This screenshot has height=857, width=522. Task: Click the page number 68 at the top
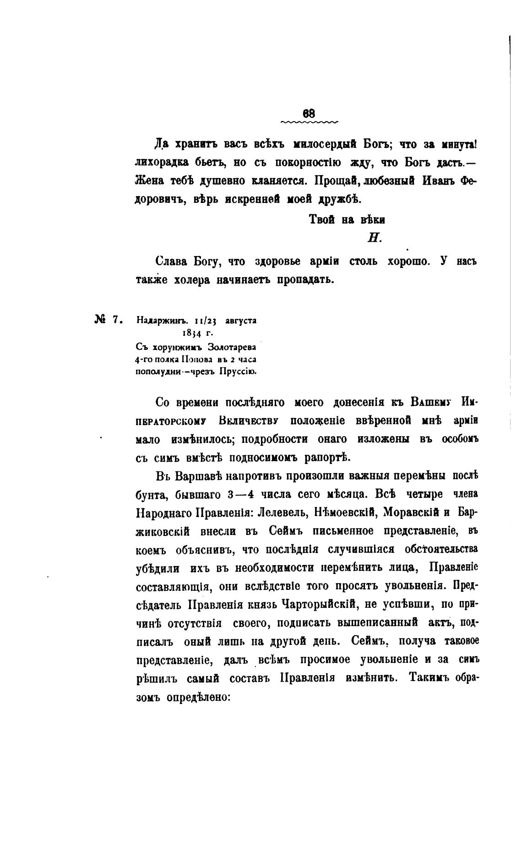[x=309, y=113]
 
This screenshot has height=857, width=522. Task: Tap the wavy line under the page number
[x=309, y=122]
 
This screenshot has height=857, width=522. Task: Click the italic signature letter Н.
[x=375, y=238]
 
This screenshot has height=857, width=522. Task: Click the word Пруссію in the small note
[x=238, y=371]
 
